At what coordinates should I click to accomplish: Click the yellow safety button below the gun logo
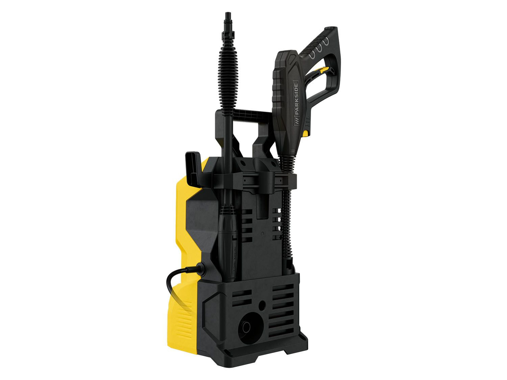(306, 133)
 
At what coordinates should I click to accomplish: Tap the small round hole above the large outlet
(262, 306)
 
